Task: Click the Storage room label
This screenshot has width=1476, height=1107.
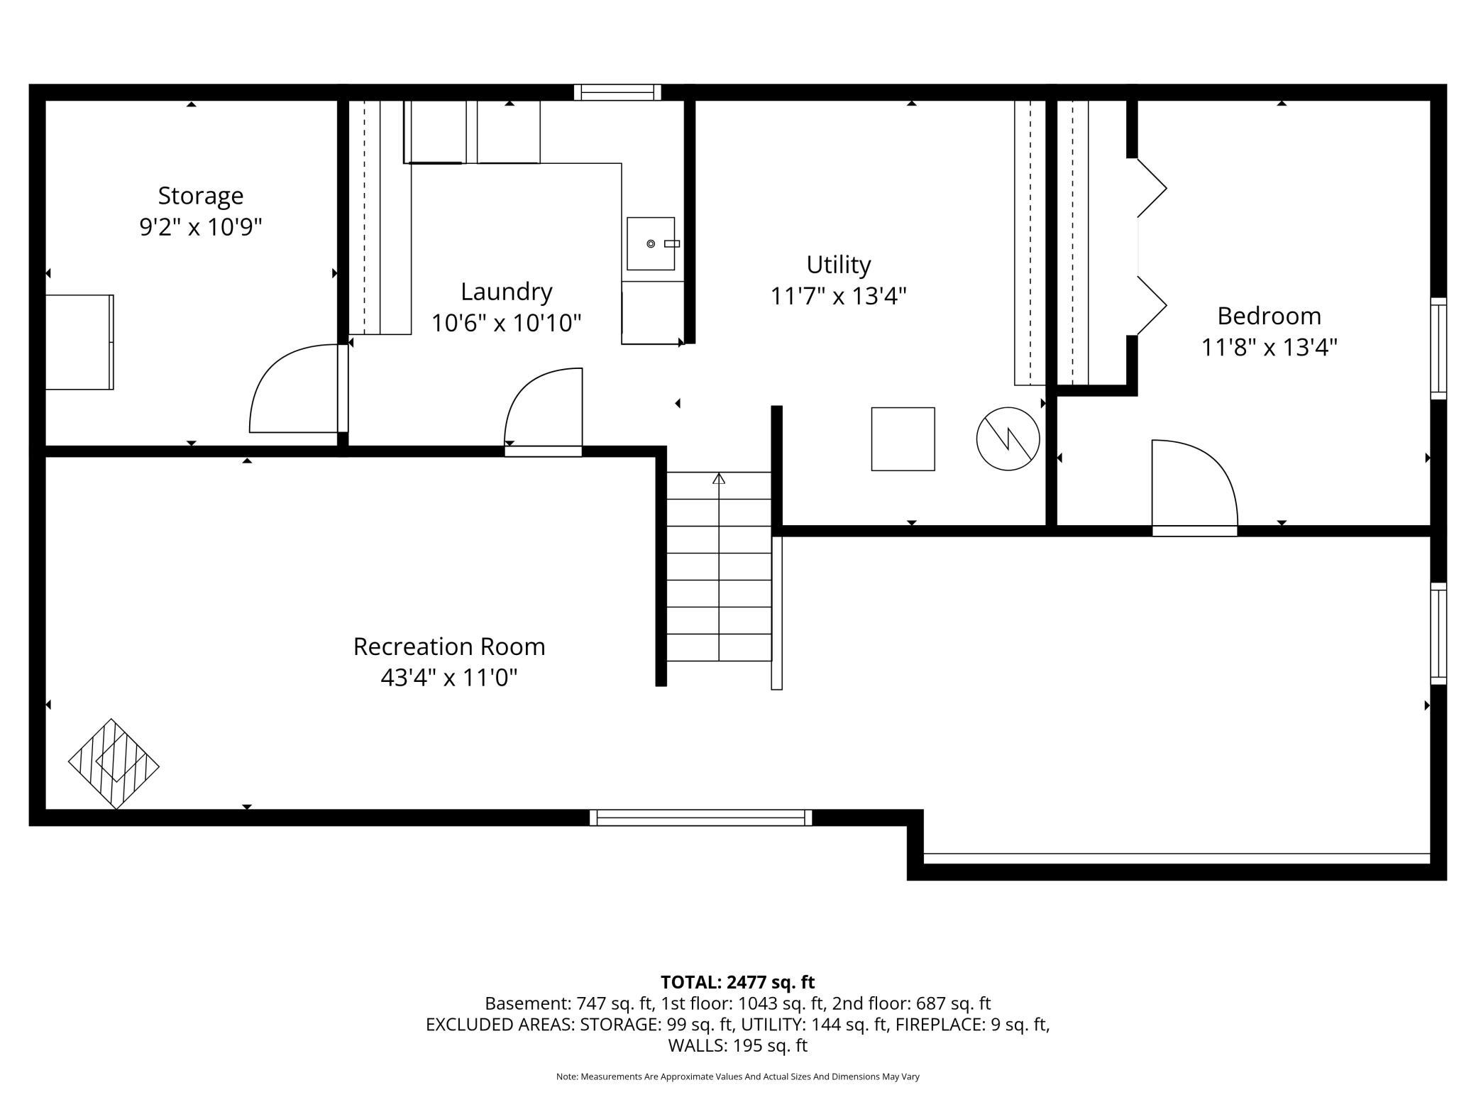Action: point(201,196)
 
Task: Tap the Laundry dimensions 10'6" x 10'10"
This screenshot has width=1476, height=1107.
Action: point(507,324)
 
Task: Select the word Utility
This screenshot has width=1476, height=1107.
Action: point(839,265)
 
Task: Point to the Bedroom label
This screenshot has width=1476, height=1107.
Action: point(1270,316)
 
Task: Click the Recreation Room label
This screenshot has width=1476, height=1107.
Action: point(449,646)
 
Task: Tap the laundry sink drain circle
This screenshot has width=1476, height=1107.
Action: point(651,244)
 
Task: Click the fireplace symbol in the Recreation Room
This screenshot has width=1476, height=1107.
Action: point(114,764)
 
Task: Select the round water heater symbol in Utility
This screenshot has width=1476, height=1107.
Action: point(1008,439)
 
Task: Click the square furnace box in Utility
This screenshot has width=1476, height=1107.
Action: point(903,439)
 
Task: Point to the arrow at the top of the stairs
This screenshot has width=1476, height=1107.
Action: point(719,478)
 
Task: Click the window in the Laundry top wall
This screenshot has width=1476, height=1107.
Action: point(617,92)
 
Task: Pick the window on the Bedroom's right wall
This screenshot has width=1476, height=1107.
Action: point(1438,348)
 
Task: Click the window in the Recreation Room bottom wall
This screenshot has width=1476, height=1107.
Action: point(700,817)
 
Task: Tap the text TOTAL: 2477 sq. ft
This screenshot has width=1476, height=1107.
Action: point(738,982)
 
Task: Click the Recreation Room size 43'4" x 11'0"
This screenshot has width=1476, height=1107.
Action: point(449,678)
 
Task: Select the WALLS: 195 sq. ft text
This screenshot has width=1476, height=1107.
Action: point(738,1045)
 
